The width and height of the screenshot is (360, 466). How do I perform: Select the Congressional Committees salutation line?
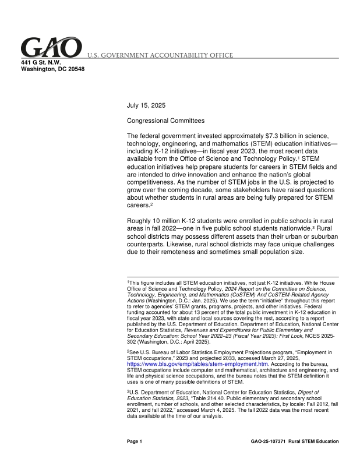[x=166, y=121]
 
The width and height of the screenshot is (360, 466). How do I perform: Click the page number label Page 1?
[x=135, y=442]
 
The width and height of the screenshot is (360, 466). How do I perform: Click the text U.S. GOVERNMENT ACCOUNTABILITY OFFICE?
[x=161, y=55]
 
